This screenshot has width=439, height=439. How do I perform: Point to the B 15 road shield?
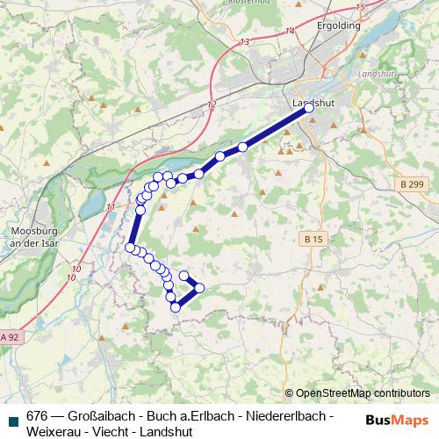(x=313, y=239)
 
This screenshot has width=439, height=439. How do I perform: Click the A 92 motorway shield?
(x=10, y=336)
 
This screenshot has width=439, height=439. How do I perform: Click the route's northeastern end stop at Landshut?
(x=308, y=107)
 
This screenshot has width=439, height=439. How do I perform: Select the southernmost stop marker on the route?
(x=176, y=306)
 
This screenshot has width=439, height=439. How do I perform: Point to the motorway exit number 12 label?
(x=212, y=104)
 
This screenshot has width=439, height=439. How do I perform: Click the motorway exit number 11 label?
(x=109, y=207)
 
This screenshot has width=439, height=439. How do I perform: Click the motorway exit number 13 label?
(x=243, y=41)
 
